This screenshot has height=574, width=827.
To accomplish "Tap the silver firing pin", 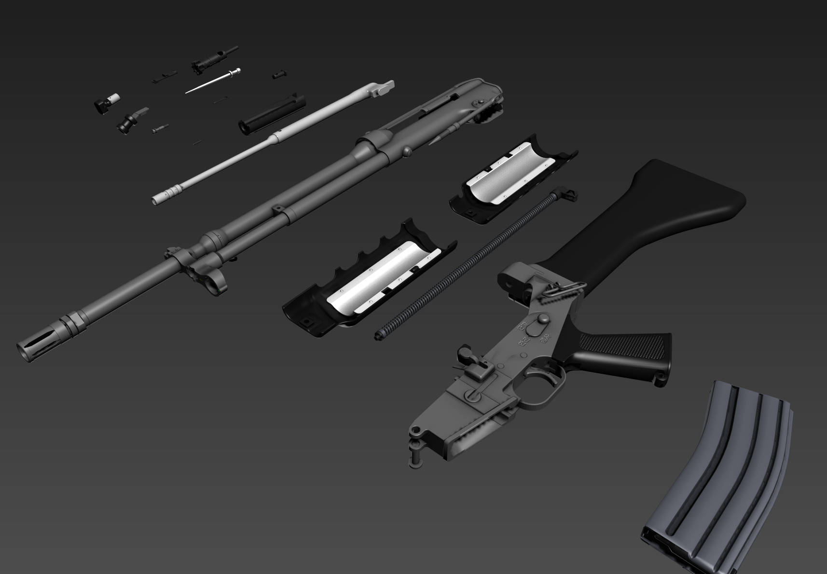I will click(212, 81).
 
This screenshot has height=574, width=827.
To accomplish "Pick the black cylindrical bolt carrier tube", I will click(273, 113).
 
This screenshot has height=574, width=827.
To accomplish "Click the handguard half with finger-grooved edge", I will click(367, 280).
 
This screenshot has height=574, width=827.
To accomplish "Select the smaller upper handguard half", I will click(511, 181).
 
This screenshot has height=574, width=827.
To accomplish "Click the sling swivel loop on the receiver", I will click(560, 289).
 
